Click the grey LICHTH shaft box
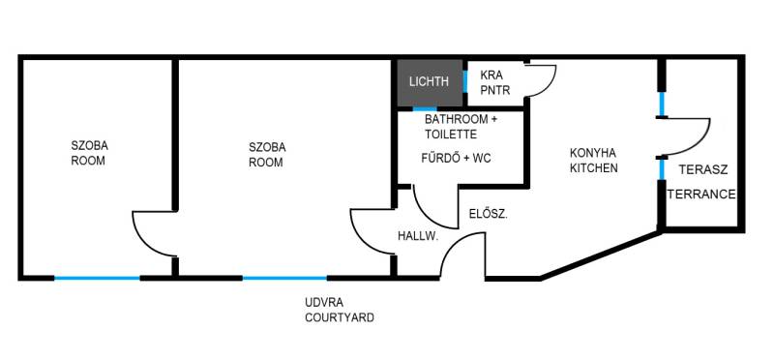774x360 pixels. (430, 82)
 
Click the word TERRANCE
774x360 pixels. (701, 195)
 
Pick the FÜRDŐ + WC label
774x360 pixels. (456, 159)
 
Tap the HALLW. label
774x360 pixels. (418, 236)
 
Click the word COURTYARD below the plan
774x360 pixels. (340, 317)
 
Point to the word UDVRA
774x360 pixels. (324, 302)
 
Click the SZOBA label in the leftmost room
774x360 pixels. (89, 146)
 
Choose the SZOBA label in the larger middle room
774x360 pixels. (267, 147)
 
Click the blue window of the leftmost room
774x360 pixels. (97, 278)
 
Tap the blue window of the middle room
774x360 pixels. (284, 278)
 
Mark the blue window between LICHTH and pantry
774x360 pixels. (465, 81)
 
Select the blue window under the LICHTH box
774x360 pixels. (425, 108)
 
